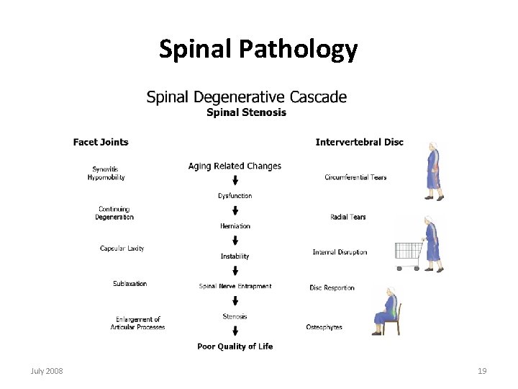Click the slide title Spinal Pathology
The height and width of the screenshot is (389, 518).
click(258, 49)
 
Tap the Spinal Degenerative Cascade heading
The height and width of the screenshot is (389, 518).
click(246, 97)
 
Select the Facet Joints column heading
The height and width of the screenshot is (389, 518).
click(101, 142)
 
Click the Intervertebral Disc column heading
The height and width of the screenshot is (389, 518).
click(359, 142)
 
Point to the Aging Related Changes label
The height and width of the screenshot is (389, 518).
click(235, 166)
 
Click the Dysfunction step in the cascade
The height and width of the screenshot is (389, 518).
click(235, 196)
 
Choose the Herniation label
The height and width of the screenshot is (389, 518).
click(235, 226)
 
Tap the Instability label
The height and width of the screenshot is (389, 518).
click(235, 256)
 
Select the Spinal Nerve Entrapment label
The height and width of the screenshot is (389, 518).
click(235, 286)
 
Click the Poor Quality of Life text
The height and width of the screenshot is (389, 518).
click(235, 346)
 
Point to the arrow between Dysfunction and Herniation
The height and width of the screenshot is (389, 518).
click(235, 211)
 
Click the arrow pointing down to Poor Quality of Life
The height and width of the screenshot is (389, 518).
click(235, 331)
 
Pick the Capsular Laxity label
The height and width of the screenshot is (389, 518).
click(122, 249)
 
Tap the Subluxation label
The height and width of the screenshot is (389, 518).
click(129, 284)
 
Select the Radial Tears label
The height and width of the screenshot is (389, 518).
click(347, 217)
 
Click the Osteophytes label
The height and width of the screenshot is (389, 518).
click(324, 327)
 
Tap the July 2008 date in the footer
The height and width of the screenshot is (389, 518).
click(47, 371)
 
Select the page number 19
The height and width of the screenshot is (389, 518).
click(482, 371)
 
